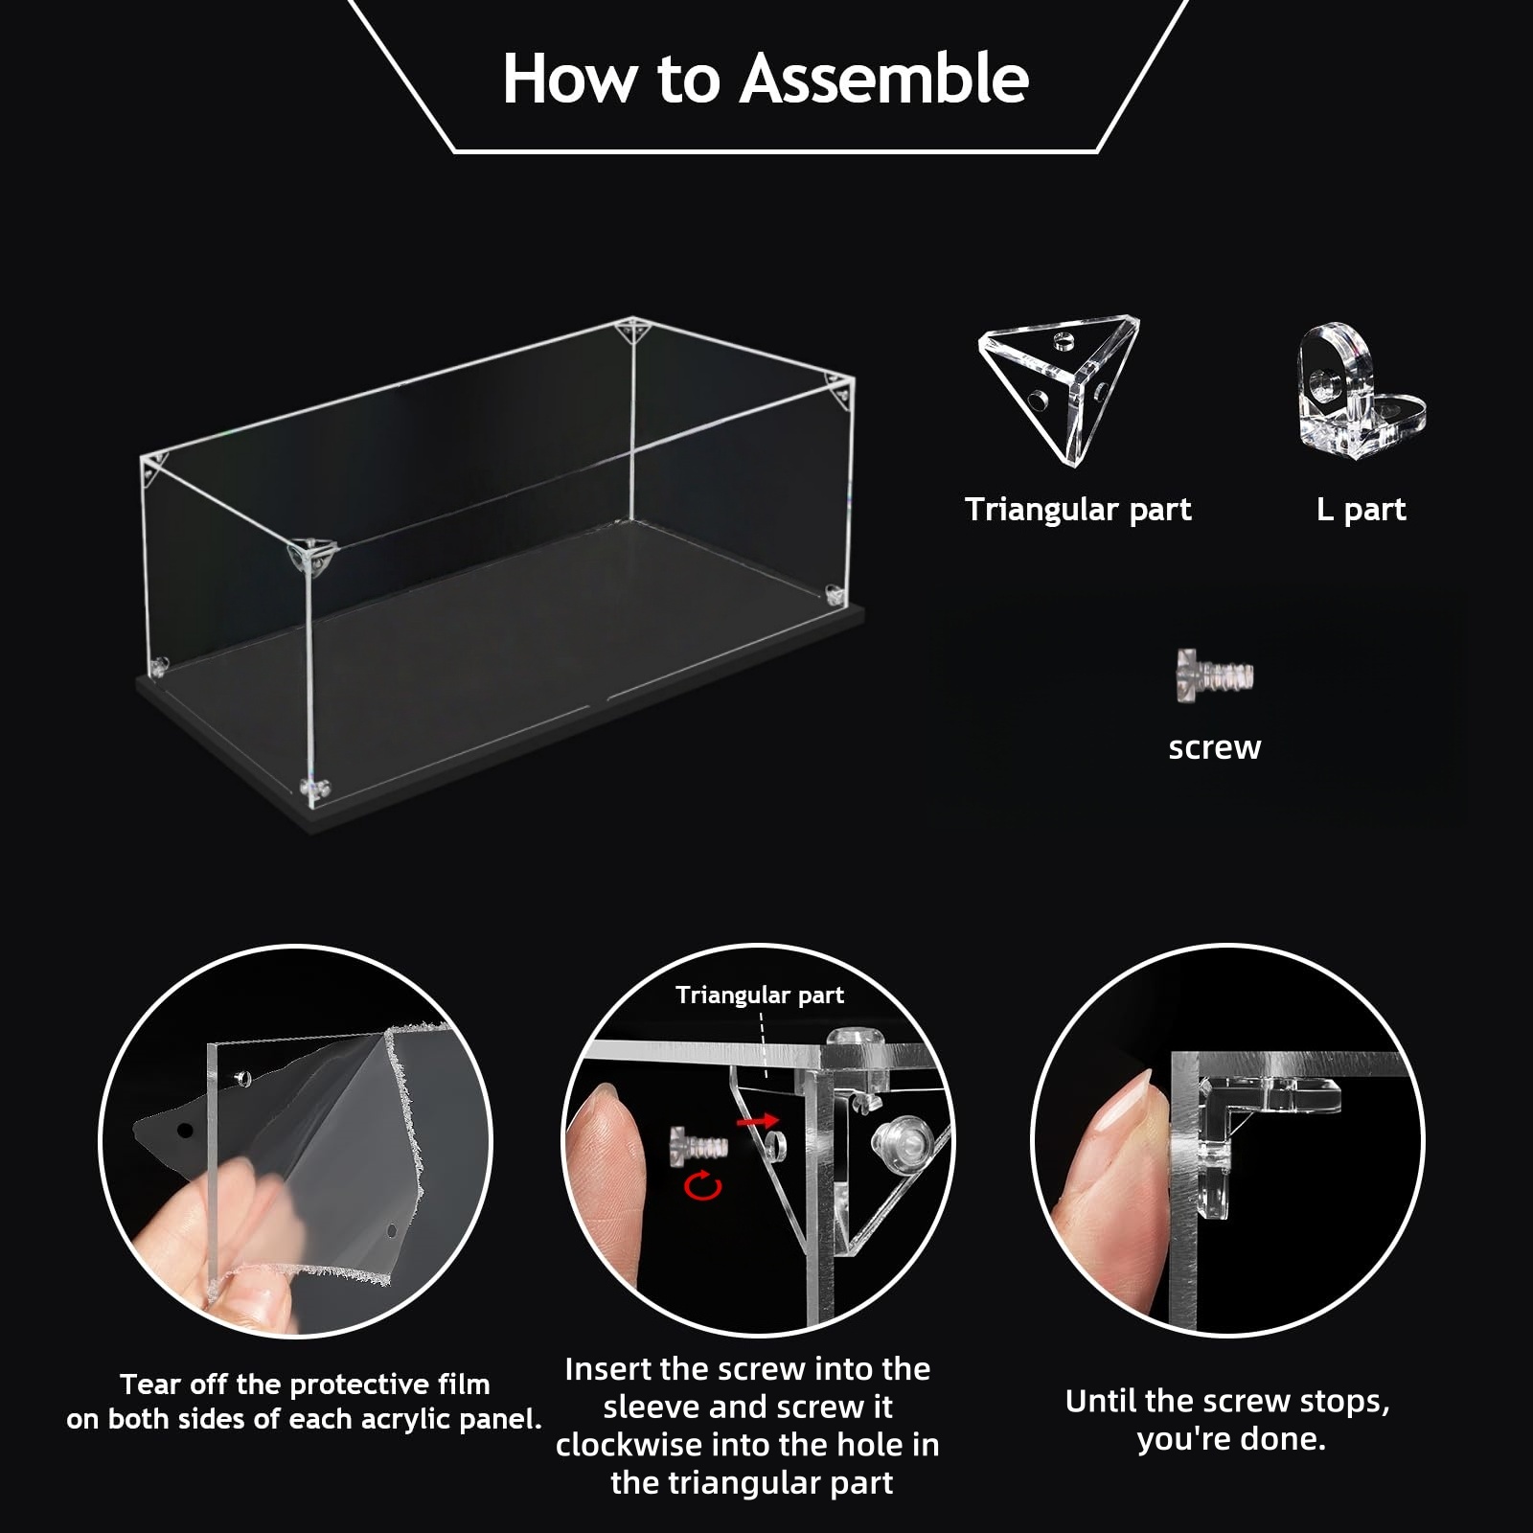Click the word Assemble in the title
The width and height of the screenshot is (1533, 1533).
(883, 79)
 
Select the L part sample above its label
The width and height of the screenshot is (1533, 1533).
(1361, 390)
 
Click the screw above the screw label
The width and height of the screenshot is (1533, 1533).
(1214, 675)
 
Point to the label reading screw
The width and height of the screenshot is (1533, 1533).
(1214, 747)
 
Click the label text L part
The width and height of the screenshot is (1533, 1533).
(1361, 509)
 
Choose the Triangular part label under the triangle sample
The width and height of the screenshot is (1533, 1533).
(1078, 509)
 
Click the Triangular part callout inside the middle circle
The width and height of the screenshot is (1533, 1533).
(760, 995)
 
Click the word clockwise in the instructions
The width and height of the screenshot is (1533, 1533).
(637, 1445)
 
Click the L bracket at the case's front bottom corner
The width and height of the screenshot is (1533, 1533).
(314, 788)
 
